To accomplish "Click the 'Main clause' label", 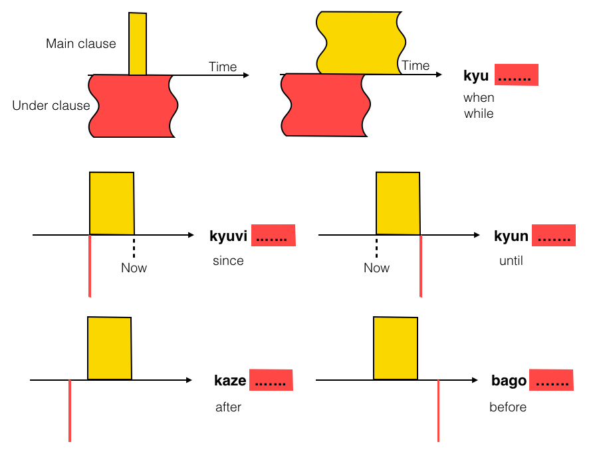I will point(80,44).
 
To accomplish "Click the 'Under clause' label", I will point(51,105).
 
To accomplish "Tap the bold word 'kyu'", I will point(476,76).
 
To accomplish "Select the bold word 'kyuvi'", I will point(228,236).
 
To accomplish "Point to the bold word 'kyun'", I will point(511,236).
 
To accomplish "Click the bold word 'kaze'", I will point(230,381).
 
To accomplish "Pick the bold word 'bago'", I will point(509,381).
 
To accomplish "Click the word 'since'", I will point(228,261).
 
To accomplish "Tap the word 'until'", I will point(511,261).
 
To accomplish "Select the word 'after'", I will point(228,407).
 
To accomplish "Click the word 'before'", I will point(508,407).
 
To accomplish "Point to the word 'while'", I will point(479,114).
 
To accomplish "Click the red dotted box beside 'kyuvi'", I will point(273,236).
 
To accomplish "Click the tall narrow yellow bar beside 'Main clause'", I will point(138,43).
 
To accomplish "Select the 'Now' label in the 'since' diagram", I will point(134,268).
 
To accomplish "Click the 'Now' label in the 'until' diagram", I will point(376,268).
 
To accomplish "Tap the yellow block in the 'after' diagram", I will point(110,348).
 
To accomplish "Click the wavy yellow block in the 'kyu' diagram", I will point(359,41).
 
